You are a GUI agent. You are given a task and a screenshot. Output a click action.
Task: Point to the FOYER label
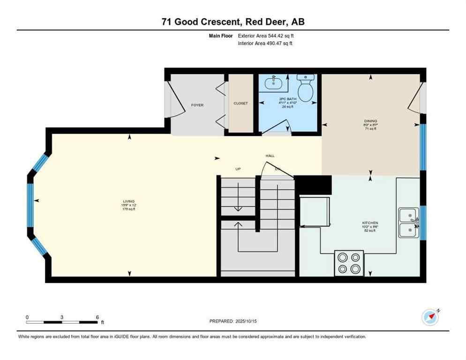[x=197, y=105]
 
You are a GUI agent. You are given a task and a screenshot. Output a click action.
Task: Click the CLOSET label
[x=241, y=104]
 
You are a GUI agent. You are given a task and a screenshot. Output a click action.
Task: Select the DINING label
[x=370, y=121]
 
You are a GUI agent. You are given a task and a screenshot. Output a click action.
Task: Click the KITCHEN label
[x=370, y=223]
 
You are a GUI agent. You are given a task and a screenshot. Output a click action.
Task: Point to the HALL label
[x=270, y=156]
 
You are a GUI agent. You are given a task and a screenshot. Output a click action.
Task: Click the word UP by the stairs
[x=238, y=169]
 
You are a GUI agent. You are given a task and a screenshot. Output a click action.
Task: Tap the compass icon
[x=430, y=317]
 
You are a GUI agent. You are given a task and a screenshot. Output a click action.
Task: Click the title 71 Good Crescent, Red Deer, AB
[x=233, y=22]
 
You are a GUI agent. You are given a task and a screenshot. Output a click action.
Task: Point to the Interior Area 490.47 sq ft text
[x=266, y=43]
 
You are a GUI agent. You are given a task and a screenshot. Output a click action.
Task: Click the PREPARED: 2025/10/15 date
[x=233, y=321]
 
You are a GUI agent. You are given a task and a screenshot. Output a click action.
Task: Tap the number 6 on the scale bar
[x=97, y=317]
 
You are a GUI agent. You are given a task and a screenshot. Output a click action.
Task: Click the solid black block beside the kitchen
[x=313, y=185]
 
